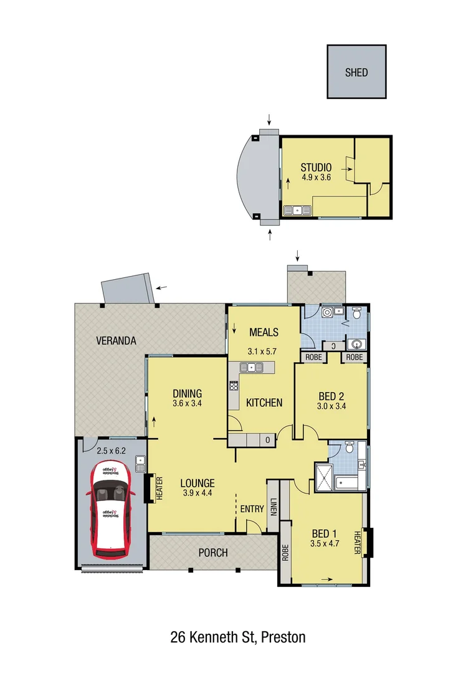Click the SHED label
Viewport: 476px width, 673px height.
(356, 72)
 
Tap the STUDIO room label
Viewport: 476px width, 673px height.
(315, 167)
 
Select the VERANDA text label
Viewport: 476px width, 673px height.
(116, 341)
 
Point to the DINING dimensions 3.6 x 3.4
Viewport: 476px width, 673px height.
(188, 403)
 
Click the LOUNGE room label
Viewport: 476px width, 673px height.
(198, 483)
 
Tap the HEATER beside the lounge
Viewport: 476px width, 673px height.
(158, 489)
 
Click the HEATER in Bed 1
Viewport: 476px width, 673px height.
(358, 543)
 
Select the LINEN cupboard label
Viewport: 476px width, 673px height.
(274, 509)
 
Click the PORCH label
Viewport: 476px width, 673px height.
(213, 552)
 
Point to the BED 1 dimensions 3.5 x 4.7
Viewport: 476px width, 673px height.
(324, 543)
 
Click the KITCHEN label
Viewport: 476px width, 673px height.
(264, 403)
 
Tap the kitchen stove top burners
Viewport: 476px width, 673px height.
(234, 385)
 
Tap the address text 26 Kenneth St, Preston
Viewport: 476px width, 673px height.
(238, 637)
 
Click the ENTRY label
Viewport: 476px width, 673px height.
(252, 508)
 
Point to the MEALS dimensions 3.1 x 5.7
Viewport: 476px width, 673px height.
(264, 351)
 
